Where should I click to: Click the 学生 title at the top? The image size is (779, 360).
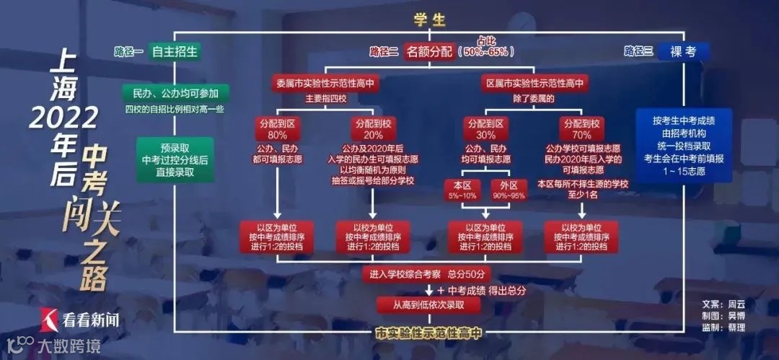429,20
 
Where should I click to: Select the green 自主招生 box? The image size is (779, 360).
175,51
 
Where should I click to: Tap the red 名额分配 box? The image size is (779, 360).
430,51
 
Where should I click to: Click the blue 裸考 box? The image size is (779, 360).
683,51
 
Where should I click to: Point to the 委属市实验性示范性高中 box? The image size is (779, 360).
325,83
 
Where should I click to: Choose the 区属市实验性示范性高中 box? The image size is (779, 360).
535,83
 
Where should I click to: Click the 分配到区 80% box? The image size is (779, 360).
278,129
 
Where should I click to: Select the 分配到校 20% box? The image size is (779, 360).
374,129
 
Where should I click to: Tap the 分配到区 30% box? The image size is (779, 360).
485,129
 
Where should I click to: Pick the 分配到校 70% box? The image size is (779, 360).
581,129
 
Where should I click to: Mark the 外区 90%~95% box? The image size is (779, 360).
509,190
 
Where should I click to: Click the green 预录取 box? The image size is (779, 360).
175,159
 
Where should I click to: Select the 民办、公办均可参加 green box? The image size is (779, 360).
176,93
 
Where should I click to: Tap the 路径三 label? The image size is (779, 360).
638,51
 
